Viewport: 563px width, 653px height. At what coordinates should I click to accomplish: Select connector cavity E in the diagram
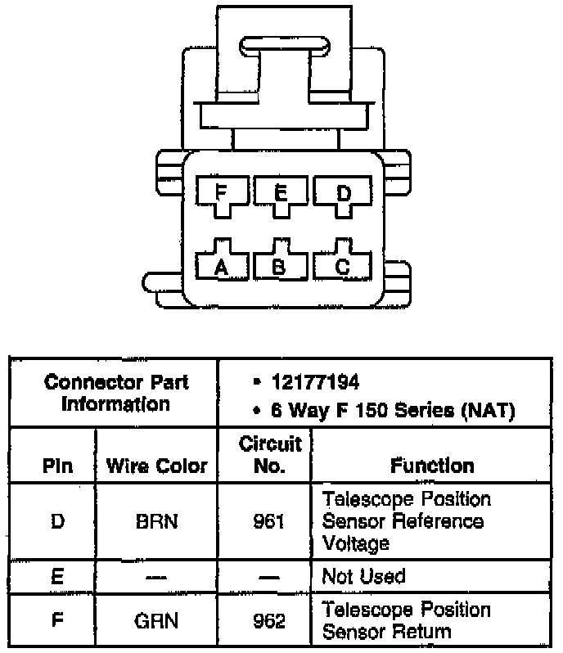pyautogui.click(x=281, y=194)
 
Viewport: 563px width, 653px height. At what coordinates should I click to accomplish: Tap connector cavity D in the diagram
pyautogui.click(x=343, y=194)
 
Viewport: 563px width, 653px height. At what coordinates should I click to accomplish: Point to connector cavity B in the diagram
pyautogui.click(x=281, y=265)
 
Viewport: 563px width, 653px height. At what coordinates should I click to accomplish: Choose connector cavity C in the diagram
pyautogui.click(x=343, y=265)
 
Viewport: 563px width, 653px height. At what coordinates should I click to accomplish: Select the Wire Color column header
pyautogui.click(x=157, y=467)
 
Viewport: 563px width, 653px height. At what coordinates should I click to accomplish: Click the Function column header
pyautogui.click(x=432, y=466)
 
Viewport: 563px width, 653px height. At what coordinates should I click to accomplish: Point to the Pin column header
pyautogui.click(x=57, y=467)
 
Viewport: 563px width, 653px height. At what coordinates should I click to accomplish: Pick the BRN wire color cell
pyautogui.click(x=157, y=521)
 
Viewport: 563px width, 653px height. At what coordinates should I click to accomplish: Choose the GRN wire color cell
pyautogui.click(x=157, y=621)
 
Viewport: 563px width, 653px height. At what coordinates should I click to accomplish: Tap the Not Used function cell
pyautogui.click(x=363, y=576)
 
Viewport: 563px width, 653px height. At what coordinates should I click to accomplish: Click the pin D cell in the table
pyautogui.click(x=57, y=521)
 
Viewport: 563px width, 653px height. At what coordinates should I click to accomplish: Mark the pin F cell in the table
pyautogui.click(x=57, y=621)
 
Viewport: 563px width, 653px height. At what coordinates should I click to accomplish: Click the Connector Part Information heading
pyautogui.click(x=115, y=393)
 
